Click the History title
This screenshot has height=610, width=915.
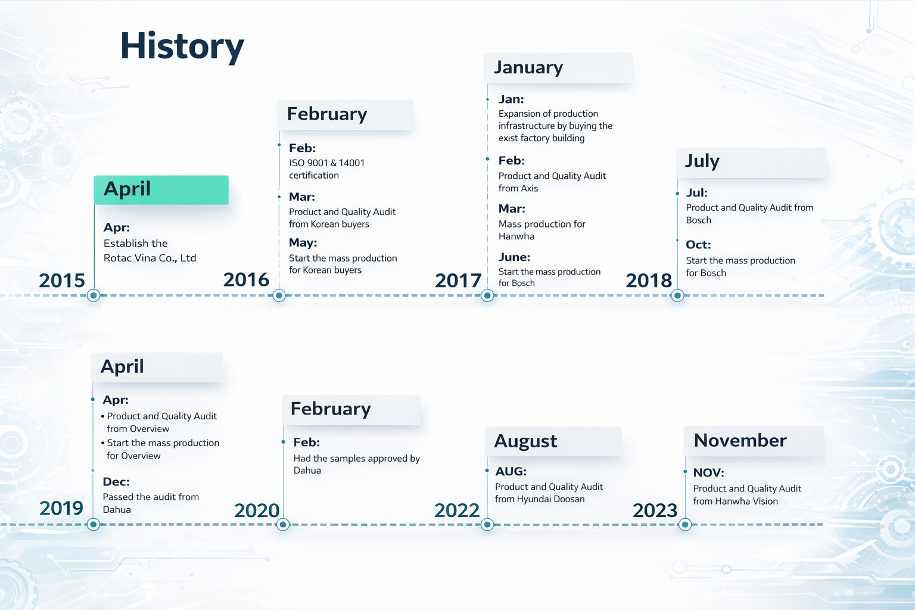coord(182,47)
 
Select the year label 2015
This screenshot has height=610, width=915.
coord(62,281)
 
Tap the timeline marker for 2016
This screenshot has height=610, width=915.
coord(279,295)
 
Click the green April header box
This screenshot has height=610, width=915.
coord(161,190)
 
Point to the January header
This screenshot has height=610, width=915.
coord(558,68)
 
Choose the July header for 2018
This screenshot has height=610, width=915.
coord(751,162)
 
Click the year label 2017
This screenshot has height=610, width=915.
coord(458,281)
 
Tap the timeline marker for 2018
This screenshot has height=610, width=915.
coord(677,295)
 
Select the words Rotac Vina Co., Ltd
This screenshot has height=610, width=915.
coord(150,258)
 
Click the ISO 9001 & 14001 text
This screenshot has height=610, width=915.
coord(327,163)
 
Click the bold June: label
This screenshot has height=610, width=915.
coord(514,257)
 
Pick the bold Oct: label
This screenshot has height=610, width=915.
coord(698,245)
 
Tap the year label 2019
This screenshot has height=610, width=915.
coord(61,509)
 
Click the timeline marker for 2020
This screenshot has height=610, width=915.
coord(283,525)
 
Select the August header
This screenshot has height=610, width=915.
coord(553,441)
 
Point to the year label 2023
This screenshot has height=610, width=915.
coord(655,511)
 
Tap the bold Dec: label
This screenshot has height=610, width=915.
coord(116,482)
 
